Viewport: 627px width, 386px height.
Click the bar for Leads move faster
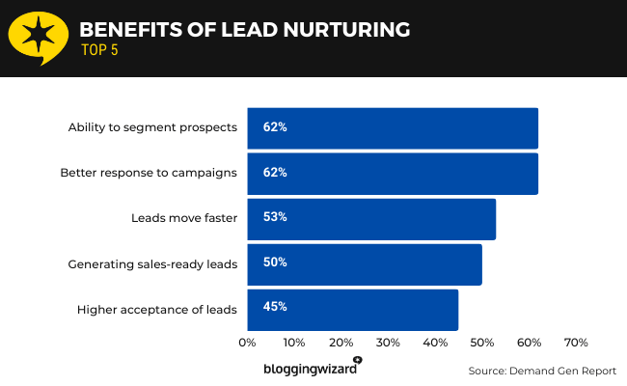point(371,218)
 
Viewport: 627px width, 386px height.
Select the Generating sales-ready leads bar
point(365,263)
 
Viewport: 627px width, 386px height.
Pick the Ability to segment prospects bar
point(393,127)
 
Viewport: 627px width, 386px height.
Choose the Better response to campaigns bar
point(393,173)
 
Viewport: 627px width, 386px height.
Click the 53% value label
point(275,218)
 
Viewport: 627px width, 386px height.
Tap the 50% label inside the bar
point(275,263)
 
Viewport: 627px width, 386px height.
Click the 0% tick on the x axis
point(247,343)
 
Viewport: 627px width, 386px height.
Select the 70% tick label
point(576,343)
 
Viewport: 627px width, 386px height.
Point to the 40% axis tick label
point(435,343)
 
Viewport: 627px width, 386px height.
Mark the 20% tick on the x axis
point(341,343)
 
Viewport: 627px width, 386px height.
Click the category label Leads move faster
point(183,218)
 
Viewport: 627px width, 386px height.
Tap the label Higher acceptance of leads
point(156,309)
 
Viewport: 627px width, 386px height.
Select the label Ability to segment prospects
point(151,127)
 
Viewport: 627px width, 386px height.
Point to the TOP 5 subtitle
point(99,51)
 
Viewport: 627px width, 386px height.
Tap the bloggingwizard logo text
point(311,369)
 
